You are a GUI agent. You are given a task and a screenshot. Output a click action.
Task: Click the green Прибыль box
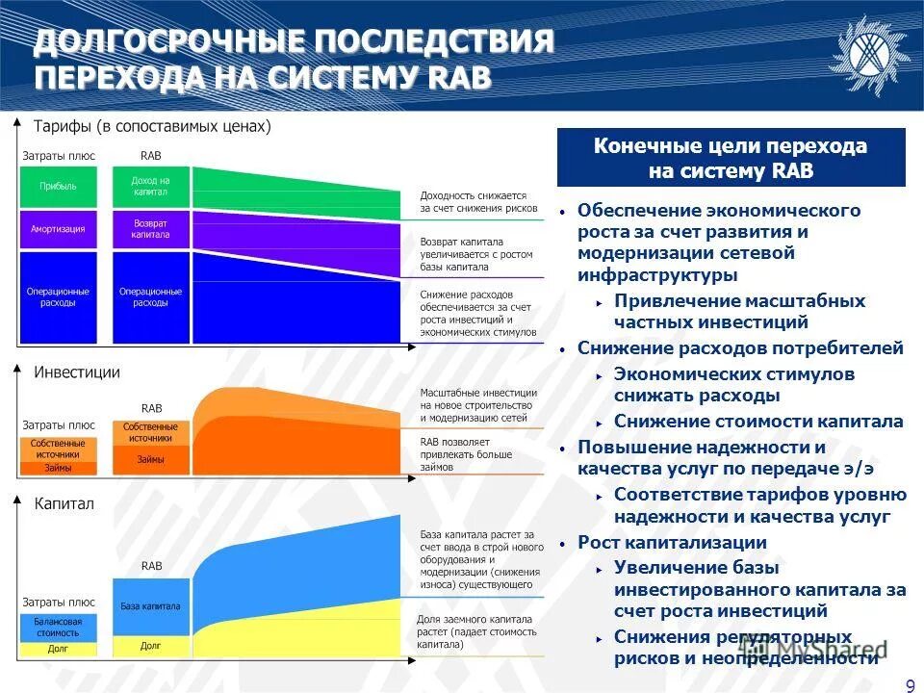click(58, 187)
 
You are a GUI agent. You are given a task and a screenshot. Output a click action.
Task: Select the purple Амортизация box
click(58, 229)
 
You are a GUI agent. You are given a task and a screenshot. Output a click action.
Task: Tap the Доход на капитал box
click(150, 187)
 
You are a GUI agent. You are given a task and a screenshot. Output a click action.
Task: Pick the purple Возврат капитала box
click(150, 229)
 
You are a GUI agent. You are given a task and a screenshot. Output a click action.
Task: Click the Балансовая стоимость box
click(58, 627)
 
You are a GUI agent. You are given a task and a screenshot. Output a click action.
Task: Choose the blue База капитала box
click(150, 606)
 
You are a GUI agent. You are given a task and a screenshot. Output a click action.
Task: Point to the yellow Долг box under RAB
click(150, 646)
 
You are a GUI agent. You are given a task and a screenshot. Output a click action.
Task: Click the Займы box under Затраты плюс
click(58, 469)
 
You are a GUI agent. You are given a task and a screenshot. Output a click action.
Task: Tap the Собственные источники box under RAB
click(150, 432)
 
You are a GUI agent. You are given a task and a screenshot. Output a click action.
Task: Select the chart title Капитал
click(64, 503)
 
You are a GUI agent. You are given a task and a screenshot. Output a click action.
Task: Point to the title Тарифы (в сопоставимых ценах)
click(152, 126)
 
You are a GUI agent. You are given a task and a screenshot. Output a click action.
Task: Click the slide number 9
click(910, 684)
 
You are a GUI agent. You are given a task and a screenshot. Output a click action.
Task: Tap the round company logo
click(869, 54)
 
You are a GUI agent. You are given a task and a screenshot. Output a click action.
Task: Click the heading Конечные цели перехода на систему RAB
click(731, 159)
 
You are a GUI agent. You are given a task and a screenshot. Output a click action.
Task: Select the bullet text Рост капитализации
click(672, 543)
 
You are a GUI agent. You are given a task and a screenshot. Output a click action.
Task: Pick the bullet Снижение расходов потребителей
click(740, 348)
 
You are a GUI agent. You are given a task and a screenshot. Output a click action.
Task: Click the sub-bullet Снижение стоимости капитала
click(758, 422)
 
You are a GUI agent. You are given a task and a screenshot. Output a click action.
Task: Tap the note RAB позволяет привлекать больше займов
click(466, 454)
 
